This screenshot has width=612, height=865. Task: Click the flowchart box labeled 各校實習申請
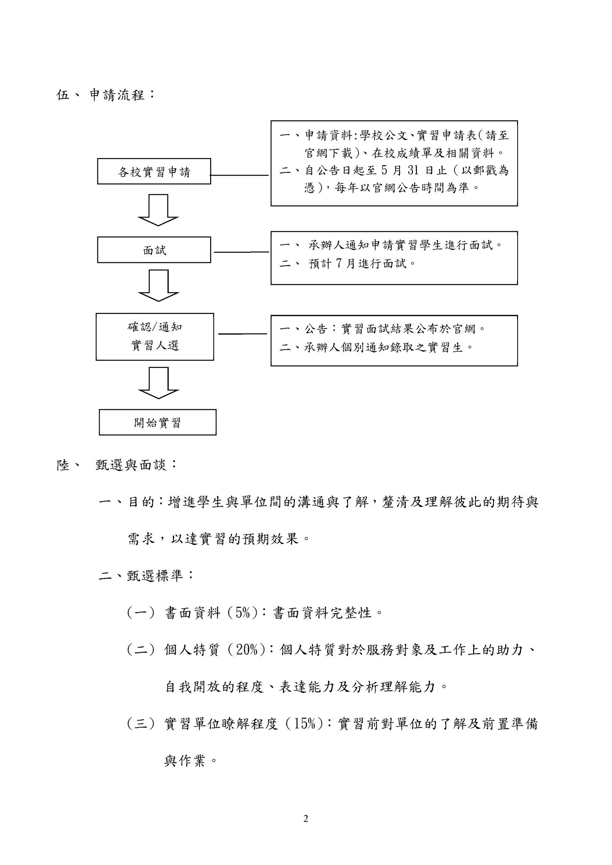154,171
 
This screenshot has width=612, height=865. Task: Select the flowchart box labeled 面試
154,250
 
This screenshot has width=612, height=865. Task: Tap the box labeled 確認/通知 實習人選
154,337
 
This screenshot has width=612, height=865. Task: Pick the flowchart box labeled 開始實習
157,422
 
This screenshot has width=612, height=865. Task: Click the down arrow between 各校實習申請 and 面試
158,210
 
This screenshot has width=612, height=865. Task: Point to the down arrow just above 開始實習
158,383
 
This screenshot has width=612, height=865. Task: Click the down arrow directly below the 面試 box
158,286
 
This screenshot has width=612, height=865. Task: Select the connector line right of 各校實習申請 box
239,175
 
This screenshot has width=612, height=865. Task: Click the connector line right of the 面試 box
241,252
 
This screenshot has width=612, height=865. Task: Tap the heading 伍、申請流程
105,95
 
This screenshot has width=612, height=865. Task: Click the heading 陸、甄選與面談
117,465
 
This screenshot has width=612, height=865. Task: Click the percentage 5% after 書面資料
243,613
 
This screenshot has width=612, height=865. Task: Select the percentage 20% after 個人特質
247,650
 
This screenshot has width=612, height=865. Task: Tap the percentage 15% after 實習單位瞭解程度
304,724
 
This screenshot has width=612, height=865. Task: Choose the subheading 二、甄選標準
146,576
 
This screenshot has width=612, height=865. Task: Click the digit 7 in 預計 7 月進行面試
338,263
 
